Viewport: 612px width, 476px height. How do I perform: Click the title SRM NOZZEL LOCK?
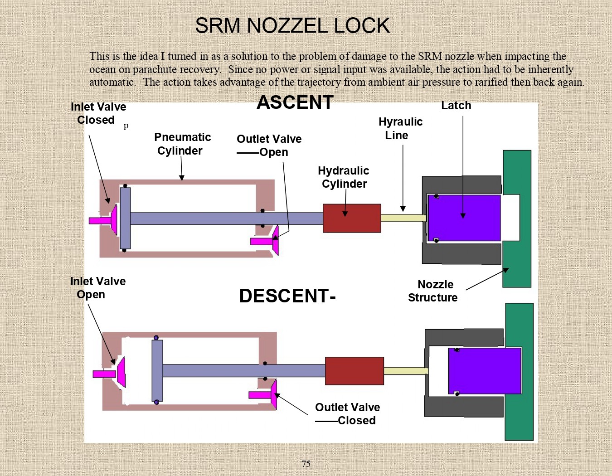point(292,26)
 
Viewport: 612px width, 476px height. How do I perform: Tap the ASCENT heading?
point(295,102)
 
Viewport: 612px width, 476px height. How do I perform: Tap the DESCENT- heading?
point(287,296)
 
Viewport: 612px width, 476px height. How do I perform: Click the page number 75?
point(306,464)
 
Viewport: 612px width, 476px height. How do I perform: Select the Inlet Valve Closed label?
point(98,113)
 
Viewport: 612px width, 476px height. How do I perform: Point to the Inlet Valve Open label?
point(97,288)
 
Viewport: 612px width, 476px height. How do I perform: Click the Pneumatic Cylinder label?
point(182,144)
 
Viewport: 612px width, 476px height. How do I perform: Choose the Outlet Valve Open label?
point(269,146)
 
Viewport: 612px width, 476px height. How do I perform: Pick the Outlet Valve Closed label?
point(347,414)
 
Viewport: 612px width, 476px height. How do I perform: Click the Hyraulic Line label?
point(400,129)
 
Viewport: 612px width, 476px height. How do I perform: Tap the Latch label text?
point(456,106)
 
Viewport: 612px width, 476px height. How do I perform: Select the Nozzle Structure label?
point(433,291)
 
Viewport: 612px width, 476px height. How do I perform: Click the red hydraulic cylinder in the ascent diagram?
point(352,218)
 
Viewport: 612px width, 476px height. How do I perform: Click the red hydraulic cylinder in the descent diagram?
point(355,371)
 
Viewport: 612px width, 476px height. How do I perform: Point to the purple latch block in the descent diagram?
point(485,371)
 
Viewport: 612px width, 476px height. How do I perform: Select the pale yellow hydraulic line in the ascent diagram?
point(403,218)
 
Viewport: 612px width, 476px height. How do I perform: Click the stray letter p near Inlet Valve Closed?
point(126,126)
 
